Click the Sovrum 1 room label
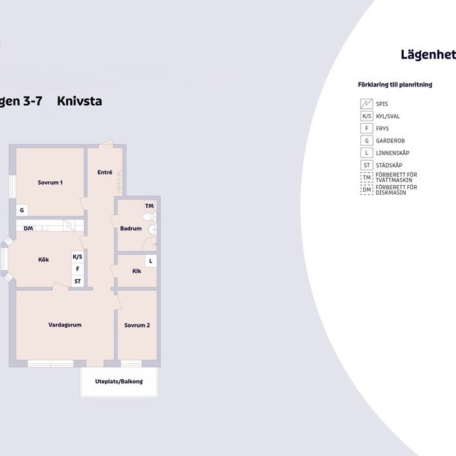[x=50, y=183]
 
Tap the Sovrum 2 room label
[x=137, y=325]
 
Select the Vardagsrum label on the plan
[x=64, y=325]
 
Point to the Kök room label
[x=43, y=260]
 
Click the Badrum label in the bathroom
[x=130, y=228]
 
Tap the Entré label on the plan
[x=104, y=172]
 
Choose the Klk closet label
[x=137, y=271]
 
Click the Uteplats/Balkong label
[x=119, y=381]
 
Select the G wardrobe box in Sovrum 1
[x=22, y=210]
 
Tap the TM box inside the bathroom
[x=149, y=206]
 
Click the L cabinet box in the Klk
[x=150, y=261]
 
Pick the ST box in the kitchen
[x=77, y=281]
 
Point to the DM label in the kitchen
[x=28, y=228]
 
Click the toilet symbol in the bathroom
[x=152, y=228]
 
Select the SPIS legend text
[x=382, y=104]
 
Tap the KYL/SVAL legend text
[x=389, y=116]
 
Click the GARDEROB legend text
[x=390, y=141]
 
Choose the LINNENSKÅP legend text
[x=392, y=153]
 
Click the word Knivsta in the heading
[x=79, y=101]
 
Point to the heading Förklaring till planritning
[x=395, y=84]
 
